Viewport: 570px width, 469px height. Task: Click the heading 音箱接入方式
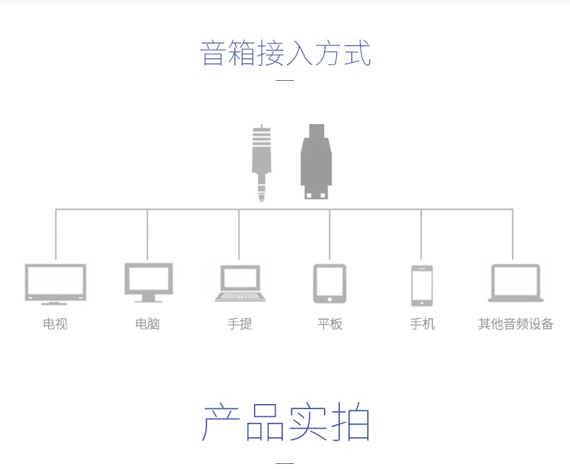coord(285,54)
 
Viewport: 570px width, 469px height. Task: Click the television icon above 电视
coord(56,284)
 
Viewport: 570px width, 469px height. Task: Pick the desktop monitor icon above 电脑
coord(148,282)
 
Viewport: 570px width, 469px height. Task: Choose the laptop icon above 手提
coord(240,283)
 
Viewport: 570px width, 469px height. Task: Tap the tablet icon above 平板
coord(330,283)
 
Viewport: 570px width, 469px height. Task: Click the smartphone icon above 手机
coord(422,286)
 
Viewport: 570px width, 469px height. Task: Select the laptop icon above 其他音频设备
coord(515,282)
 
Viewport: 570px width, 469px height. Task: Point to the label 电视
coord(56,324)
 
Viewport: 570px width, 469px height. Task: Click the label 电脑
coord(148,324)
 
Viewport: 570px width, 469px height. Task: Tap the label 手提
coord(240,324)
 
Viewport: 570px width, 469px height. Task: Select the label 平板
coord(330,324)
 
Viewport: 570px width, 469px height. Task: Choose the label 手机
coord(422,324)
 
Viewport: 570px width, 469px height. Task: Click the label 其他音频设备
coord(515,324)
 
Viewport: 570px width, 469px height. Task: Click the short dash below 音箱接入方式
coord(285,80)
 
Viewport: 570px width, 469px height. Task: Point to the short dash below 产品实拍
coord(285,463)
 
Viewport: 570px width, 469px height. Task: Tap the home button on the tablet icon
coord(330,299)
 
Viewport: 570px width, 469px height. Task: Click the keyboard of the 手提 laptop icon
coord(240,296)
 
